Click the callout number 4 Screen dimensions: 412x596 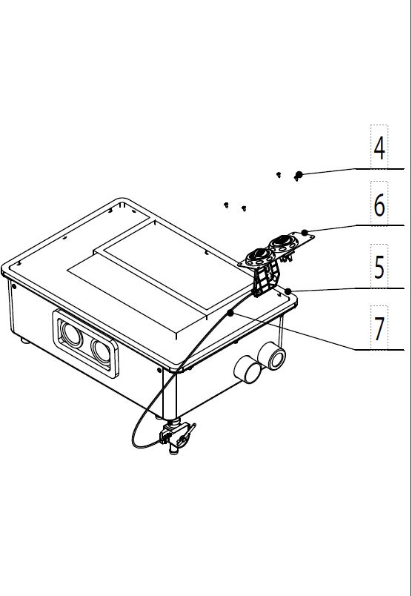click(379, 148)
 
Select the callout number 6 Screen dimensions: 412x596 click(379, 205)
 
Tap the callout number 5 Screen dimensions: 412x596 click(379, 267)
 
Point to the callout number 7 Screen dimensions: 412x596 click(379, 329)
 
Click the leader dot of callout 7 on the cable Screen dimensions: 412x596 click(230, 313)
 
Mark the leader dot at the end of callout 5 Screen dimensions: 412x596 click(288, 291)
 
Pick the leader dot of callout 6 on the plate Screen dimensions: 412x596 click(305, 233)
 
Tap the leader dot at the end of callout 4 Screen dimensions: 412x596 click(299, 174)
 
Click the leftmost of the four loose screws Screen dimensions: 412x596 click(226, 205)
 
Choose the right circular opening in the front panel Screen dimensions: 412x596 click(101, 351)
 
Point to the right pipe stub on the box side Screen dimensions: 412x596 click(271, 356)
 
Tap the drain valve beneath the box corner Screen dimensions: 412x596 click(176, 437)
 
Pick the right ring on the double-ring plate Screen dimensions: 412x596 click(282, 243)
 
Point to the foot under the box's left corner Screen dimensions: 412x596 click(25, 340)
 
